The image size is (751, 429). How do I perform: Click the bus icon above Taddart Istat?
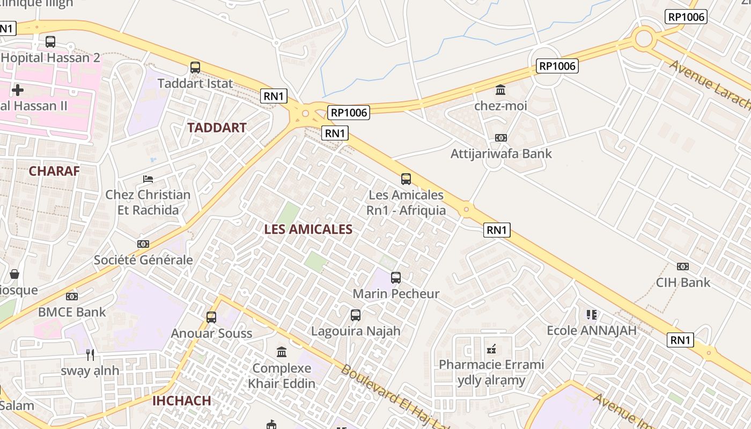click(195, 68)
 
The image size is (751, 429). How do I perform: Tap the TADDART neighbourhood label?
click(217, 128)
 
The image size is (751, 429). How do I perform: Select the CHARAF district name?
click(54, 171)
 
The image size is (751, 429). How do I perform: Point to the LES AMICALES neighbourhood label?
click(308, 230)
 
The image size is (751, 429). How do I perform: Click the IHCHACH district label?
click(181, 401)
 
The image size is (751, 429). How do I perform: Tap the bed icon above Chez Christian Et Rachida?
click(148, 179)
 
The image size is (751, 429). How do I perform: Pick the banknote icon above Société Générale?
click(143, 244)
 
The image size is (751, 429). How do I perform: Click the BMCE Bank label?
click(72, 312)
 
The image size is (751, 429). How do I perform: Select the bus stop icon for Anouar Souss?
click(211, 317)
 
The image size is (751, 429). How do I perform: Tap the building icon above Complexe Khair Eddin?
click(282, 352)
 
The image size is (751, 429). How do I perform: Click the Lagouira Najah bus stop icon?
click(356, 315)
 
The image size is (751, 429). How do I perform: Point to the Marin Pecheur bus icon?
click(396, 278)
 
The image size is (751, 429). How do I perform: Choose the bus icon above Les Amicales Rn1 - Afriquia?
click(406, 179)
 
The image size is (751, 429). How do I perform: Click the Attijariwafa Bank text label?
click(501, 154)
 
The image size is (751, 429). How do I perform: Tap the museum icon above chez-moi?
click(500, 90)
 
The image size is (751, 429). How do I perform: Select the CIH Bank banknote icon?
click(682, 267)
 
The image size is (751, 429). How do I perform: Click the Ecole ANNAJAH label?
click(592, 330)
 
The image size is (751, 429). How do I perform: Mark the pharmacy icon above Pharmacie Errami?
click(491, 349)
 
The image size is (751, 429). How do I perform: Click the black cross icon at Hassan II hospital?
click(18, 90)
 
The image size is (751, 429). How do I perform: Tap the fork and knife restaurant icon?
click(90, 354)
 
